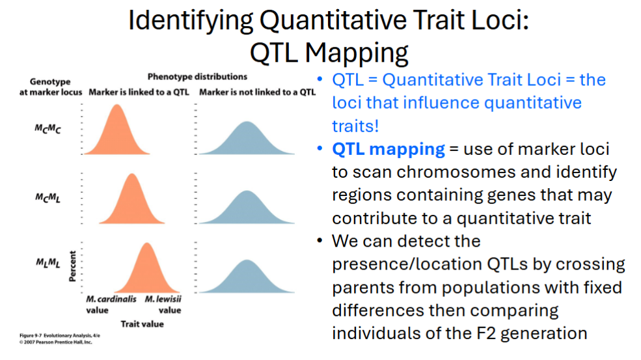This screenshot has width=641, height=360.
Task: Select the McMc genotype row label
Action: pyautogui.click(x=48, y=130)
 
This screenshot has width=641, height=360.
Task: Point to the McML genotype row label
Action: pyautogui.click(x=48, y=199)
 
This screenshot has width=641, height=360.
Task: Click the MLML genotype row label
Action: pyautogui.click(x=48, y=262)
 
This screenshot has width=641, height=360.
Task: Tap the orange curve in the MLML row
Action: pyautogui.click(x=147, y=271)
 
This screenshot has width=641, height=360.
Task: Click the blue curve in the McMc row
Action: pyautogui.click(x=247, y=141)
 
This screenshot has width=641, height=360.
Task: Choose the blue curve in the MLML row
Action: pyautogui.click(x=247, y=279)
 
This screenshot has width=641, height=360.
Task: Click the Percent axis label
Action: pyautogui.click(x=72, y=266)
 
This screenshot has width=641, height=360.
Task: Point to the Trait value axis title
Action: pyautogui.click(x=143, y=324)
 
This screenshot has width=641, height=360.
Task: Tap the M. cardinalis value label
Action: pyautogui.click(x=111, y=305)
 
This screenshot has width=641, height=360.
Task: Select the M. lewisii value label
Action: pyautogui.click(x=163, y=305)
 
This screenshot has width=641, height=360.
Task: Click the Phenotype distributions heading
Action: pyautogui.click(x=197, y=77)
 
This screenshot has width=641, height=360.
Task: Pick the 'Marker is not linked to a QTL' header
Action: pyautogui.click(x=257, y=92)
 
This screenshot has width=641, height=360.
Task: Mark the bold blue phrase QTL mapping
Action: pyautogui.click(x=389, y=149)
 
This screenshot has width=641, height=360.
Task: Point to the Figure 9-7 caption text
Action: pyautogui.click(x=60, y=339)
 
